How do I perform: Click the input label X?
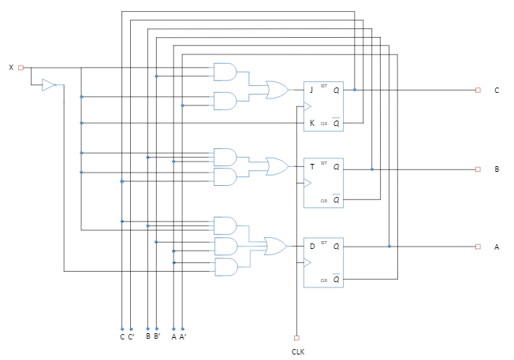[11, 68]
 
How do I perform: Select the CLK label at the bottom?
[297, 351]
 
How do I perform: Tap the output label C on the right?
[497, 91]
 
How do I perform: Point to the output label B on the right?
[497, 169]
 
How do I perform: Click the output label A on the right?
[497, 247]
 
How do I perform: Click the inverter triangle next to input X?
[49, 85]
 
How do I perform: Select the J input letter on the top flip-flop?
[312, 90]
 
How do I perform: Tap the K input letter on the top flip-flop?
[312, 123]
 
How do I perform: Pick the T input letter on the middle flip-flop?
[312, 166]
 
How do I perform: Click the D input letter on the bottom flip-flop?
[312, 247]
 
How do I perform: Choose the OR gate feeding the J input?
[277, 90]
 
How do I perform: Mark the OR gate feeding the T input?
[277, 166]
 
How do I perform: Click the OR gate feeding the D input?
[276, 247]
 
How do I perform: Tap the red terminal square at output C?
[478, 90]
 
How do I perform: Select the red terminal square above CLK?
[296, 336]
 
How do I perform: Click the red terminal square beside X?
[21, 68]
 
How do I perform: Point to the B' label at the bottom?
[157, 336]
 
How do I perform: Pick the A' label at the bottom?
[183, 336]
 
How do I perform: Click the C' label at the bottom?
[131, 336]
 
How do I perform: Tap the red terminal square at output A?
[478, 247]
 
